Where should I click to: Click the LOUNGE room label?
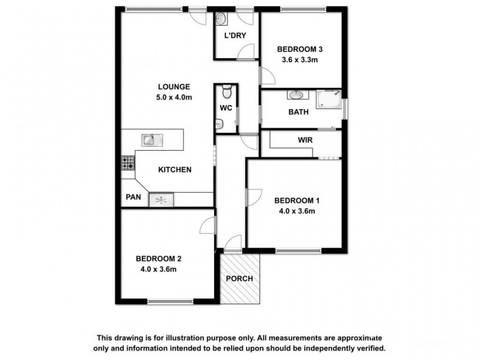174,86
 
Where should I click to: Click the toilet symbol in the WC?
226,92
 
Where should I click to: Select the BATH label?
298,112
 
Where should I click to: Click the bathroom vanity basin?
295,95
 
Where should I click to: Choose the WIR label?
305,140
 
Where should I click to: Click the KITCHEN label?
175,170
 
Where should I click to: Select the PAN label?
133,197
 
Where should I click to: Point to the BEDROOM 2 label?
158,259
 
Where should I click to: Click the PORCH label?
239,279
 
